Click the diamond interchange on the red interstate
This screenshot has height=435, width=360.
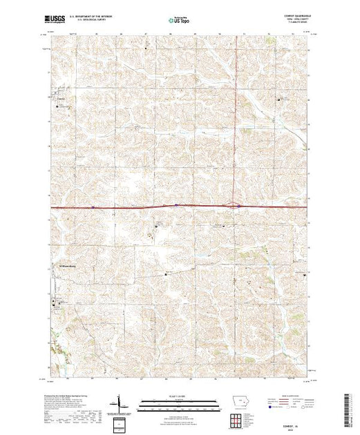coord(236,205)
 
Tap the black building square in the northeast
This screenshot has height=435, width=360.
coord(279,101)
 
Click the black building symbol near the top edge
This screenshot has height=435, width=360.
coord(147,47)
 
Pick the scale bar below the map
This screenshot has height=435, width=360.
coord(179,402)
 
